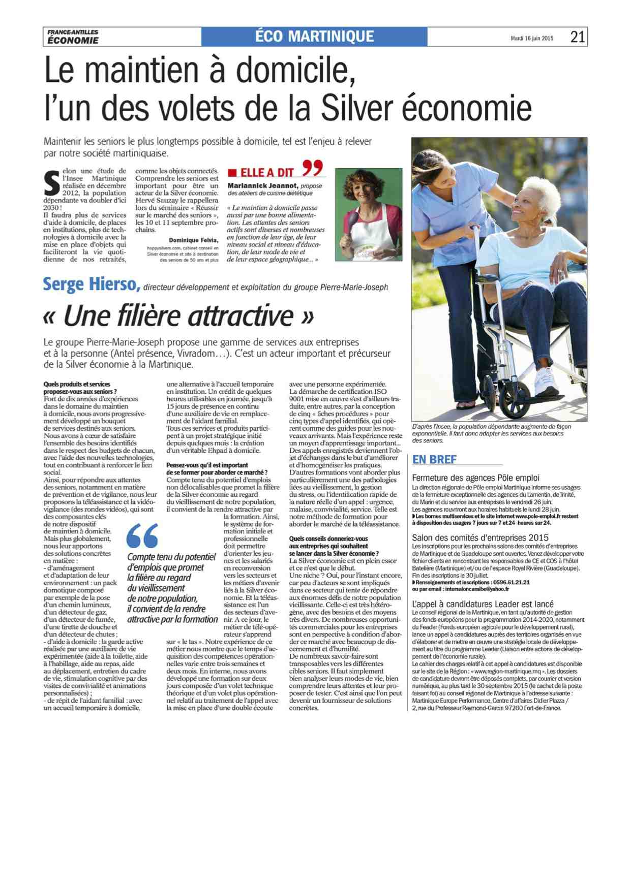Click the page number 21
(x=577, y=37)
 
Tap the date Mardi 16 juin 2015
(x=532, y=38)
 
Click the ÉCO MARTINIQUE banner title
(x=314, y=37)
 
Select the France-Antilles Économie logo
(x=73, y=37)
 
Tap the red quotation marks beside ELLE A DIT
(x=313, y=167)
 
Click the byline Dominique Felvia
(x=193, y=240)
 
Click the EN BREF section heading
(x=434, y=460)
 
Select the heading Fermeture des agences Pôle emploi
(x=475, y=478)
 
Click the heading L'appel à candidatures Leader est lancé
(x=483, y=604)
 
